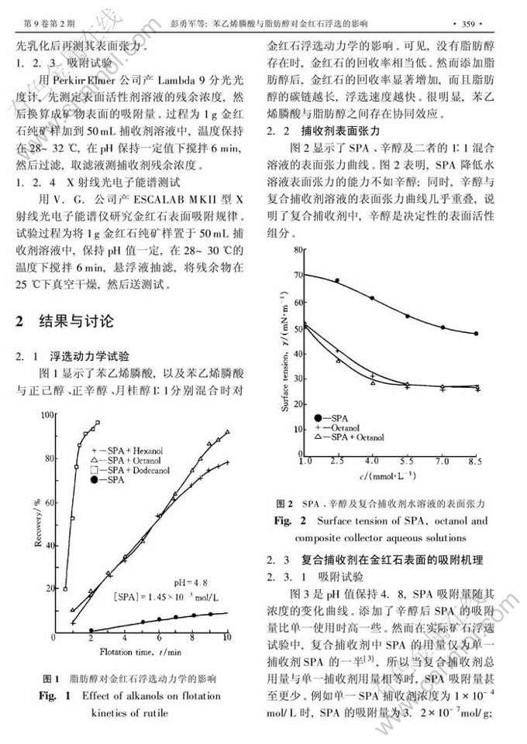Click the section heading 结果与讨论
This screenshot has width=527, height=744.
[x=75, y=320]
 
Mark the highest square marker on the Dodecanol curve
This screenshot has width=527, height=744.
[x=97, y=423]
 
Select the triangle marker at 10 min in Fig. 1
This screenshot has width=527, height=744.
[x=228, y=432]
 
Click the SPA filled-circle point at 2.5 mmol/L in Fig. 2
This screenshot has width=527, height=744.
[x=337, y=280]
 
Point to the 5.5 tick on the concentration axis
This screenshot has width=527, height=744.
[x=407, y=461]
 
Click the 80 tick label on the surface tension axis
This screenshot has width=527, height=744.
[x=291, y=249]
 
